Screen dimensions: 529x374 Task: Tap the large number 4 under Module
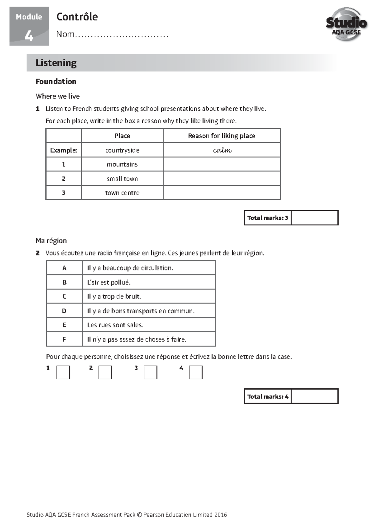tap(29, 36)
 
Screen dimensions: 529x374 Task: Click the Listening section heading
tap(56, 63)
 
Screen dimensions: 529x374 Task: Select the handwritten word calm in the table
tap(222, 150)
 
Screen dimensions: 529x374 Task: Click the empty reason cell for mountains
tap(222, 164)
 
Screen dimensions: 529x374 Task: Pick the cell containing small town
tap(122, 179)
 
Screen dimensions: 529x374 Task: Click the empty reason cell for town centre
tap(222, 193)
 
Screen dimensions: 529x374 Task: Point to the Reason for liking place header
tap(222, 136)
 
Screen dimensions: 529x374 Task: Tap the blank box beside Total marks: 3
tap(314, 218)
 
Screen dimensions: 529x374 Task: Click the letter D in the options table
tap(64, 311)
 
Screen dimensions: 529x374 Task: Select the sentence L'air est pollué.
tap(109, 282)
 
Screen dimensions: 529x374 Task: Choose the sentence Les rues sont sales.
tap(115, 325)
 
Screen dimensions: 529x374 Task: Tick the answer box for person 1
tap(63, 372)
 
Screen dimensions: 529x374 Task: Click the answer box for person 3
tap(151, 372)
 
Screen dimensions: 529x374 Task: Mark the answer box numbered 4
tap(196, 372)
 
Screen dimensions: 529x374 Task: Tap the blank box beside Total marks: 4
tap(314, 396)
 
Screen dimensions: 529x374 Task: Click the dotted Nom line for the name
tap(122, 35)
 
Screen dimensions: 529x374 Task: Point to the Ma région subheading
tap(51, 240)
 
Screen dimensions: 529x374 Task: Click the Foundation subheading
tap(56, 81)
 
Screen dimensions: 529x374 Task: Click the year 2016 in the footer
tap(221, 515)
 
